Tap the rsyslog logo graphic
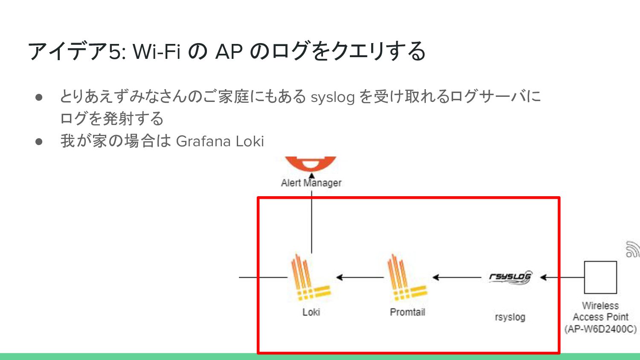[510, 277]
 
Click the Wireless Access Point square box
[600, 277]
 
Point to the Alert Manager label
[311, 183]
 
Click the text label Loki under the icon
[311, 312]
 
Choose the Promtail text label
[407, 312]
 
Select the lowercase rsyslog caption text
[510, 317]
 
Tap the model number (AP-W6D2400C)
[600, 329]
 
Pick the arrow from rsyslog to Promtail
[457, 277]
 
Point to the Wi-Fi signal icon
[632, 250]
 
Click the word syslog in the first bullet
[332, 97]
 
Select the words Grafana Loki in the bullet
[220, 141]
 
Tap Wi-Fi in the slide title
[157, 52]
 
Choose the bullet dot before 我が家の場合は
[39, 141]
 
